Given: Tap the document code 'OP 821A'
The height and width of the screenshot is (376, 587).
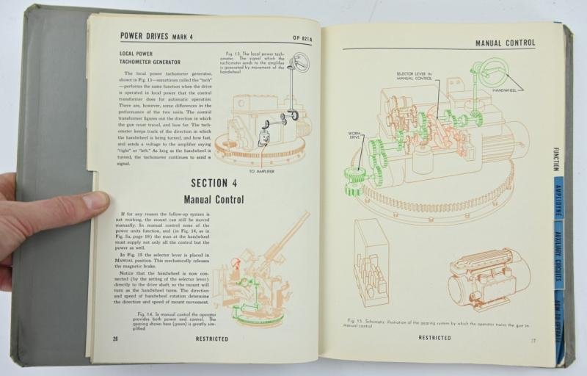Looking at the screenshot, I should click(x=302, y=37).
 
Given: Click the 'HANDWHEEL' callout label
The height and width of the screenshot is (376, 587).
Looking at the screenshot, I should click(x=505, y=90).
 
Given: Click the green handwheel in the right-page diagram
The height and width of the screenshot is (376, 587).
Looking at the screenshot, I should click(x=487, y=73).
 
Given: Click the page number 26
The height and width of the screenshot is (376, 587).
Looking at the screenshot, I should click(x=115, y=339).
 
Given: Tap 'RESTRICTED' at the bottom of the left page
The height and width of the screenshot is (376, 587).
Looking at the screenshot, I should click(x=211, y=339).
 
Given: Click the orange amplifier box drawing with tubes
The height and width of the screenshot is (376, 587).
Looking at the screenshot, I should click(x=371, y=261).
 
